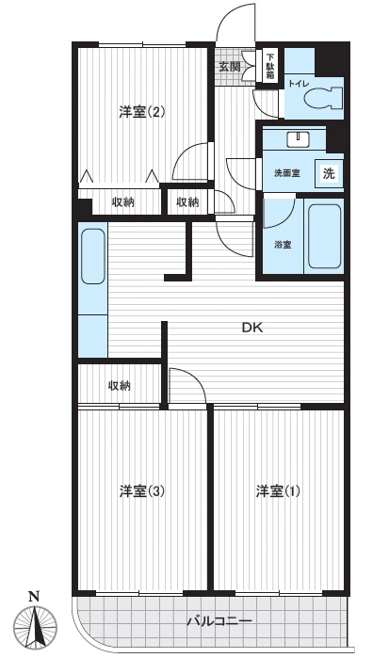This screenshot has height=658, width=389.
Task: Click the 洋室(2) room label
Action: (142, 112)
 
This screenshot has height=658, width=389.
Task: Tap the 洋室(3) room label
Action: (142, 490)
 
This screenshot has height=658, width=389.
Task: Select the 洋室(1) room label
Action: (279, 490)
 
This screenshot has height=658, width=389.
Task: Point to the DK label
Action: (251, 328)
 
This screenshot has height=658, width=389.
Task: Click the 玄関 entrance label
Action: (230, 67)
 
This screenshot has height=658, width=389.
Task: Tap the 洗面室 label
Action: (286, 173)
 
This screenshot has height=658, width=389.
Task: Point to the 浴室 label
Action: (283, 245)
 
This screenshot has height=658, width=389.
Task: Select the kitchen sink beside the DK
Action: (92, 255)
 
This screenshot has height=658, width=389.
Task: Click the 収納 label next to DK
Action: (119, 385)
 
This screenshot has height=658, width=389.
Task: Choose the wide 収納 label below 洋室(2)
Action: (122, 201)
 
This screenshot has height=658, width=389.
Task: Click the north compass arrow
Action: (35, 625)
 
